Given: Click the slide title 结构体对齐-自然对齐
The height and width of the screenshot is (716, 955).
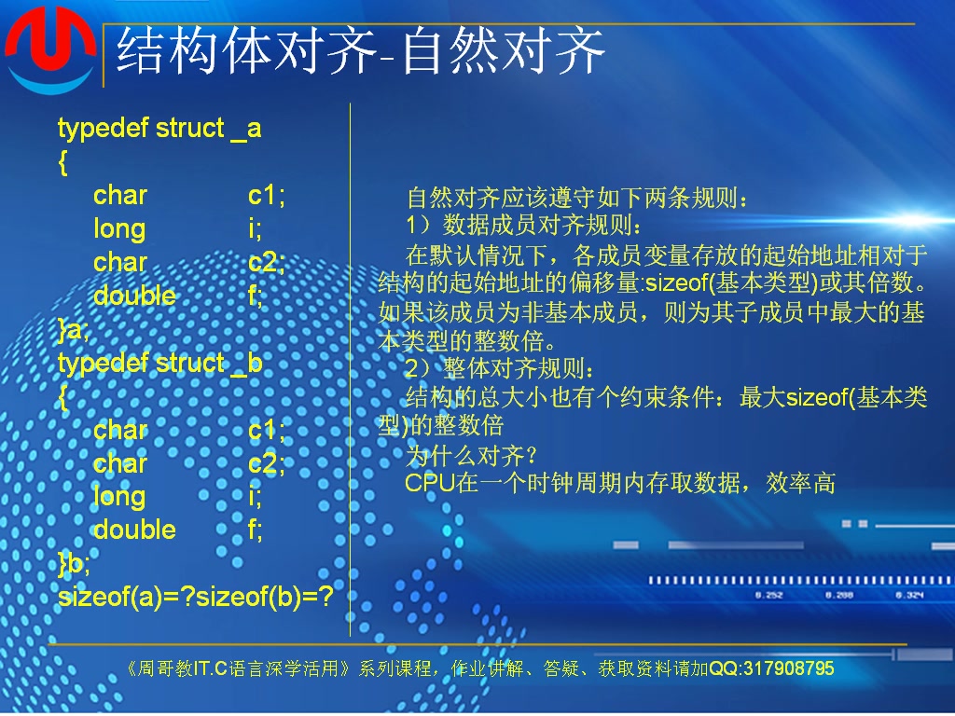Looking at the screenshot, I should (x=360, y=50).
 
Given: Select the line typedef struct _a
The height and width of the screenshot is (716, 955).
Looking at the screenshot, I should (x=159, y=128).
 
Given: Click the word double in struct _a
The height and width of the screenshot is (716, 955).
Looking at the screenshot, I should (x=134, y=296).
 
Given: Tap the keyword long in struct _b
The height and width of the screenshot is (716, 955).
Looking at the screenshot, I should (x=119, y=496).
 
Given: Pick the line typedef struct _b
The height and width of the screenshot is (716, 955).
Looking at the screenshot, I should (x=159, y=363).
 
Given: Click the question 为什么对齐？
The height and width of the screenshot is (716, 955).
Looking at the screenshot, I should (x=471, y=455).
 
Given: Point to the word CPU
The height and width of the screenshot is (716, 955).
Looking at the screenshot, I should (x=429, y=483).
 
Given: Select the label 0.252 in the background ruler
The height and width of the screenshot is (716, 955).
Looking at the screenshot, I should (x=768, y=595).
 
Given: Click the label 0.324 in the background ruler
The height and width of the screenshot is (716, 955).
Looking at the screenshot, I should (x=909, y=595).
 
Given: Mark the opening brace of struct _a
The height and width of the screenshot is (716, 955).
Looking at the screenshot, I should (x=62, y=162).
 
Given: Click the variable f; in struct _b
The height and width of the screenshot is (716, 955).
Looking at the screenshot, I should (x=256, y=530).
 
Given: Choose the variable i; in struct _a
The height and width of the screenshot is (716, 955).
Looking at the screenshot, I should (x=255, y=228).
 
